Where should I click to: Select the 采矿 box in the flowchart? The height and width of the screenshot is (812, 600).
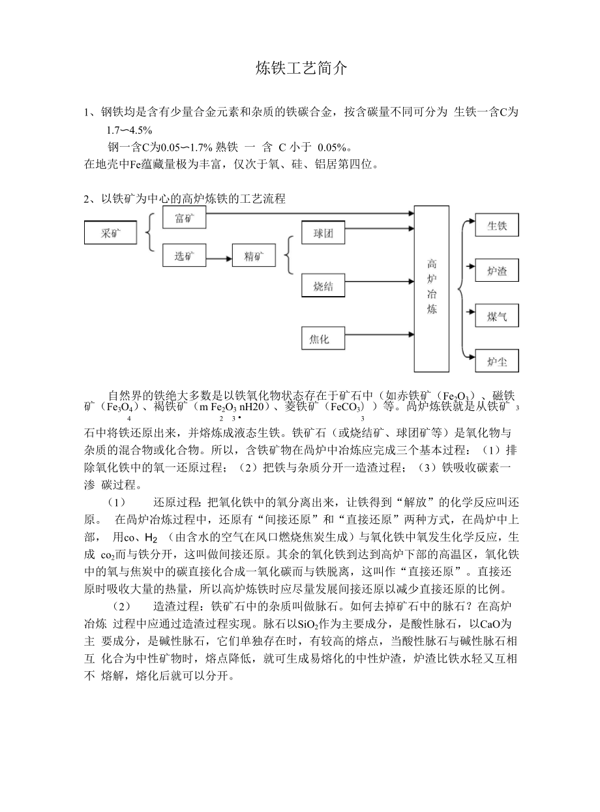coord(110,233)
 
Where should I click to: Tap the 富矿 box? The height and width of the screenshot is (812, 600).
coord(183,219)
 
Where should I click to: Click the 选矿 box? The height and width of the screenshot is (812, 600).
coord(183,256)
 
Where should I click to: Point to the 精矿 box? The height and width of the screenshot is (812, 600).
coord(254,256)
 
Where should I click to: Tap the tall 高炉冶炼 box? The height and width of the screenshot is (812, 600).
coord(432,288)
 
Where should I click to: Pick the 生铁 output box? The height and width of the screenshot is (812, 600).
coord(497,226)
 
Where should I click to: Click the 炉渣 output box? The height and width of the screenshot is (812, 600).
coord(497,271)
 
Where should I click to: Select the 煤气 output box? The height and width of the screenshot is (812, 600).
coord(497,316)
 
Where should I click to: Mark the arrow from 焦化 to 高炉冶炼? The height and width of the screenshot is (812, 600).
coord(378,337)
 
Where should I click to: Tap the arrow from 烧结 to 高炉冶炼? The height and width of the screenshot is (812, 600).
coord(378,282)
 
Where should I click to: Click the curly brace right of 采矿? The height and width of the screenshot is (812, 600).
coord(148,232)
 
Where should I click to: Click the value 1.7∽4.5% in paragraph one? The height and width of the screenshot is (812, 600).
coord(129,129)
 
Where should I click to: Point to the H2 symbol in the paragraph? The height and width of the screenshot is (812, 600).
coord(150,538)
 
